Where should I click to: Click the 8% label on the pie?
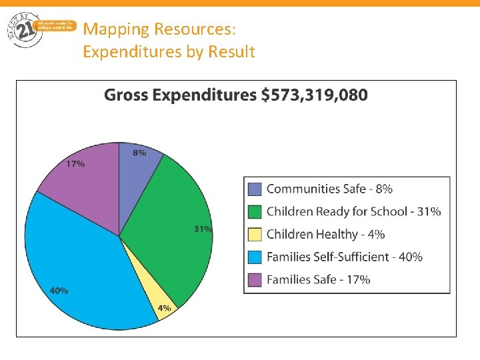139,153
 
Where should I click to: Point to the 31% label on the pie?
203,229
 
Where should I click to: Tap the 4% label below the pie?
164,308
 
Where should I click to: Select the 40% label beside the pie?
59,291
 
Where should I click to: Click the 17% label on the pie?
75,163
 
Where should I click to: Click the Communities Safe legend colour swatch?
255,189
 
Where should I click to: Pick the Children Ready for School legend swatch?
255,211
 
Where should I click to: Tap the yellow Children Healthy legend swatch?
255,234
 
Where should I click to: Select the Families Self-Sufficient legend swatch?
255,257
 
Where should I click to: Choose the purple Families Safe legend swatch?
255,279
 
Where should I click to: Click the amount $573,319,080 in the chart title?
314,95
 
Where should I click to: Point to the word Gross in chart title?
127,95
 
